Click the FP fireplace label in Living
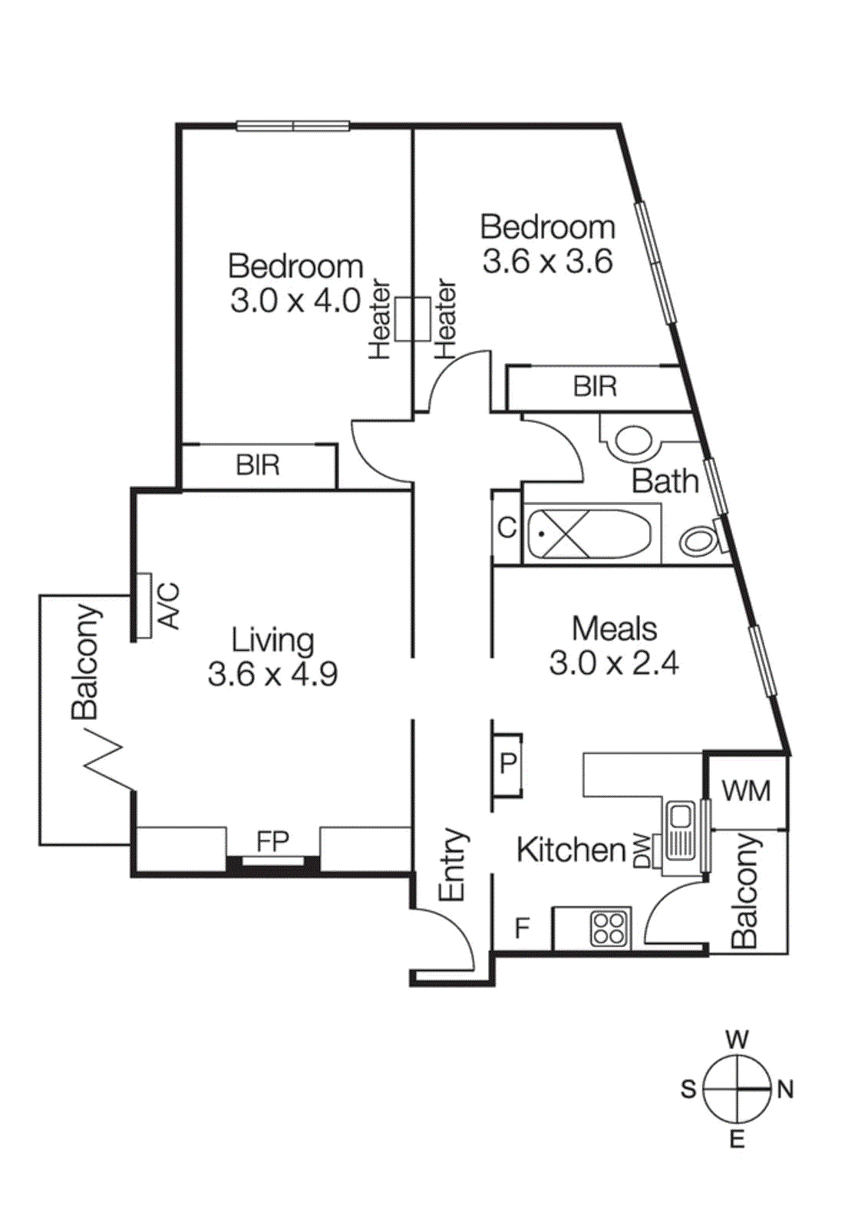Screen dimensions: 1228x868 tap(272, 841)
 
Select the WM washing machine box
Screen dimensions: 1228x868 tap(746, 791)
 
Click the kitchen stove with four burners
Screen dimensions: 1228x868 tap(610, 927)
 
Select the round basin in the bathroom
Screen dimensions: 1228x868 tap(634, 442)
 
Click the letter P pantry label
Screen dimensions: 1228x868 tap(508, 764)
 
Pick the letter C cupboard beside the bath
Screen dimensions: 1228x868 tap(507, 528)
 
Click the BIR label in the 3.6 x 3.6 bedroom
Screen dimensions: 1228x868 tap(595, 386)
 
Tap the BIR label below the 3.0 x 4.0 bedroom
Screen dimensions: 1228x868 tap(258, 465)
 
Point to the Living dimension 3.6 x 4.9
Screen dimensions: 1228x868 tap(272, 674)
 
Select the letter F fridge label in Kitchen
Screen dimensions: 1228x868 tap(523, 928)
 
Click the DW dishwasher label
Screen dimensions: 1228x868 tap(642, 850)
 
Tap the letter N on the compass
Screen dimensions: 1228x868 tap(785, 1089)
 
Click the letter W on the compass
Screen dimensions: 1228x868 tap(737, 1040)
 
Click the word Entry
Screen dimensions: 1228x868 tap(453, 864)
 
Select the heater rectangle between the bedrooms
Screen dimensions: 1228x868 tap(413, 319)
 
